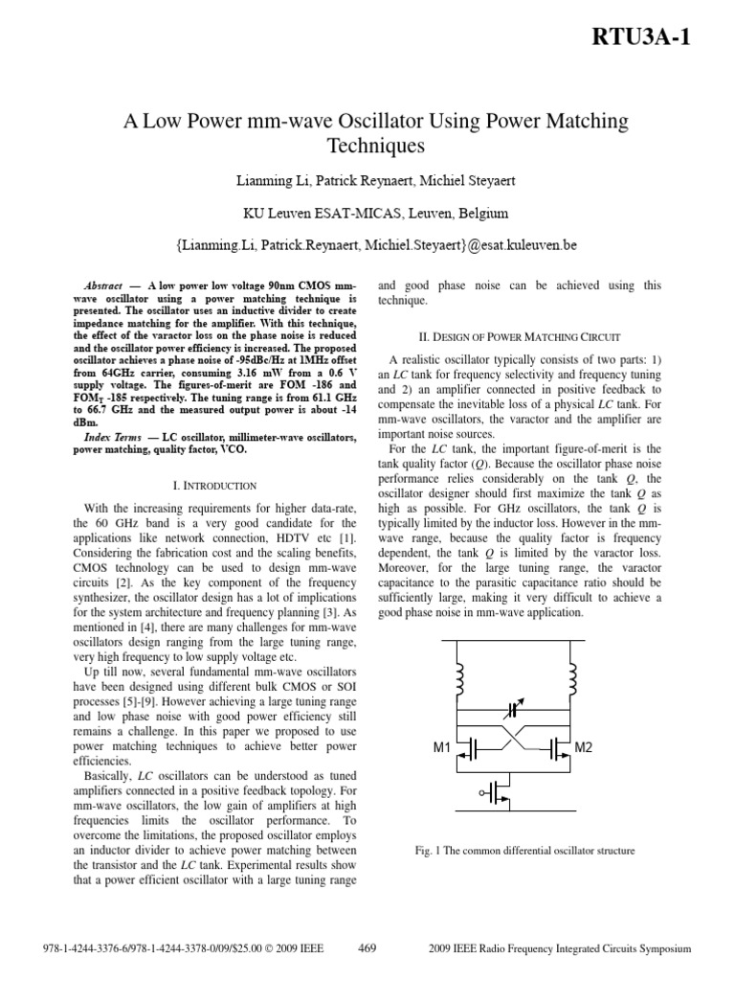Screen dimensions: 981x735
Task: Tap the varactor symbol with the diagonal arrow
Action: tap(518, 711)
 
